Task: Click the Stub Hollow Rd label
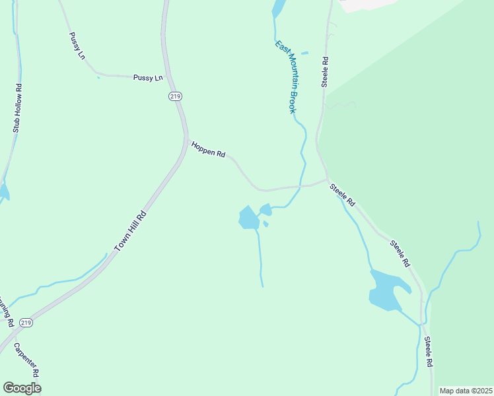18,108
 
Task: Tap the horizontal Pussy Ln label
147,78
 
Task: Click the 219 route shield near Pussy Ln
174,96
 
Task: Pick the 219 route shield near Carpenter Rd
26,323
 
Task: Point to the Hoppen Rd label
208,150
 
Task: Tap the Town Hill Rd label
131,231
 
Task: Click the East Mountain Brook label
286,77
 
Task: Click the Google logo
22,388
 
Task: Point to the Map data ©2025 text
466,391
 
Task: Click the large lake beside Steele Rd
387,290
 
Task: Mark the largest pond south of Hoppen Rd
248,218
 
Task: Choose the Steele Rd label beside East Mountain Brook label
325,71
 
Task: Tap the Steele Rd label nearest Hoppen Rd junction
343,195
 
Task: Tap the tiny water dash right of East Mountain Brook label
304,53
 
